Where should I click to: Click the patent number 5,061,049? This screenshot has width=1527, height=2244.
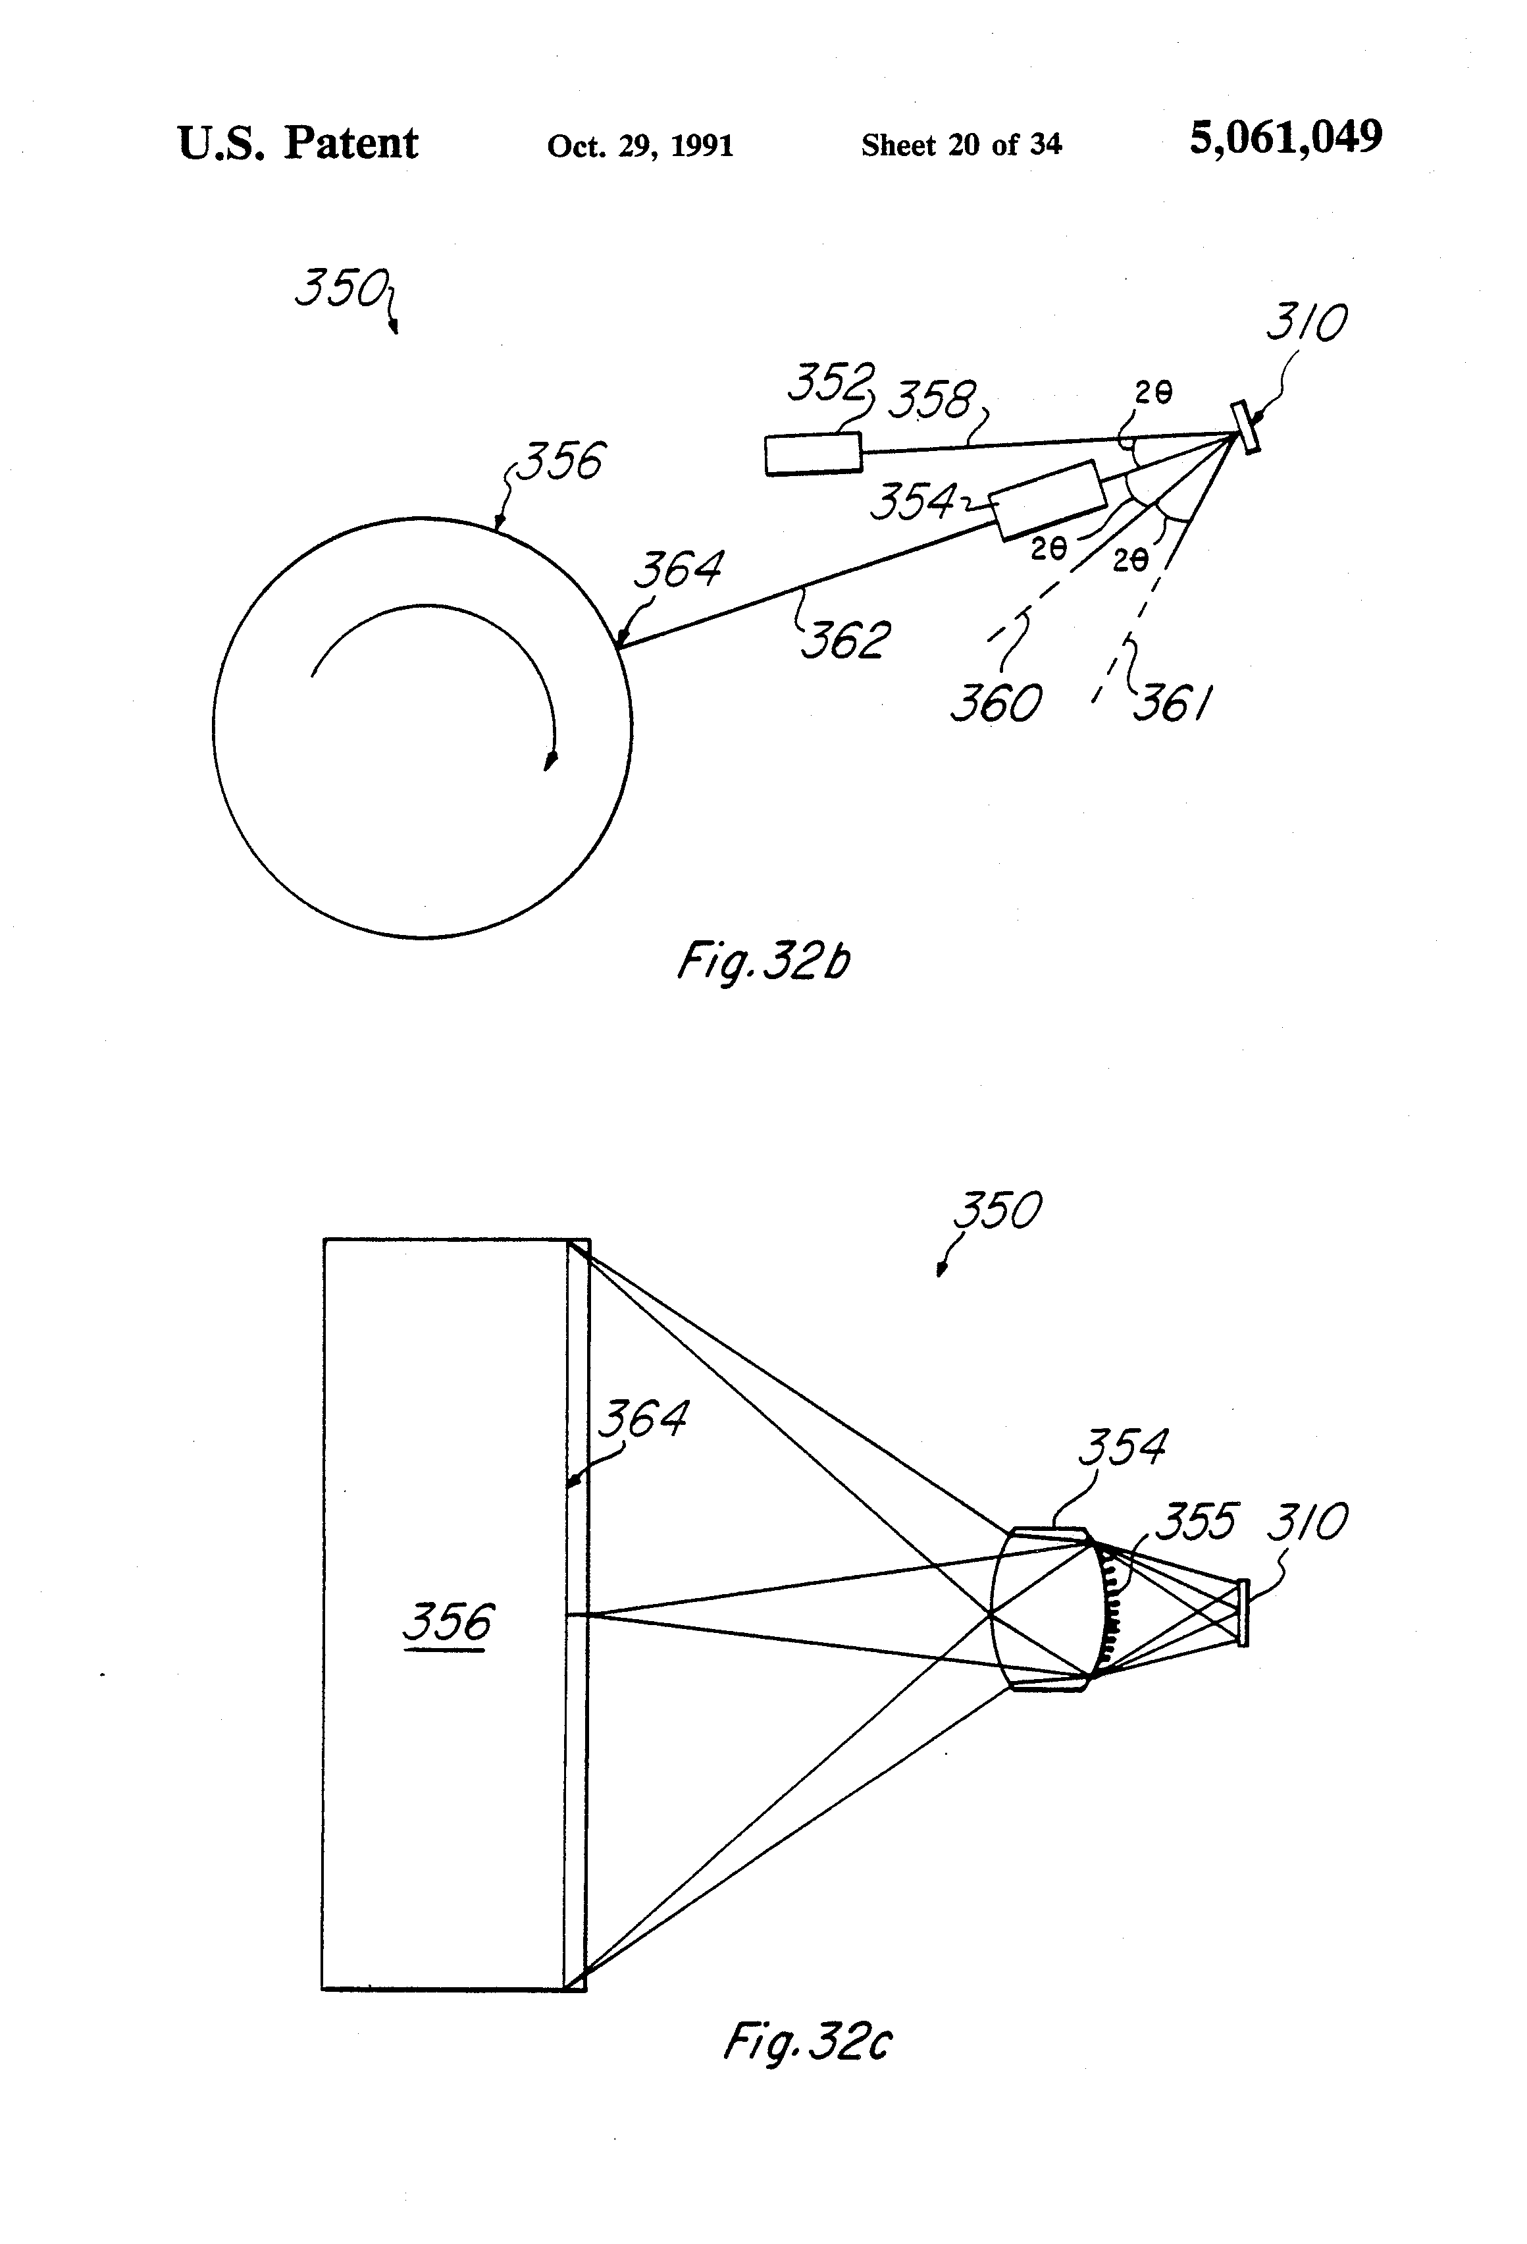pyautogui.click(x=1285, y=138)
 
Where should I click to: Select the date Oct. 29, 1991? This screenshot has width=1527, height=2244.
pyautogui.click(x=640, y=146)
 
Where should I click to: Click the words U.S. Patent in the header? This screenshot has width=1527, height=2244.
pyautogui.click(x=298, y=144)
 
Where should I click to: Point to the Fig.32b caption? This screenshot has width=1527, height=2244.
pyautogui.click(x=763, y=962)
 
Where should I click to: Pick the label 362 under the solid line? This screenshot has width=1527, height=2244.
pyautogui.click(x=846, y=640)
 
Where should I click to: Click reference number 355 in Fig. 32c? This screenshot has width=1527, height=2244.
pyautogui.click(x=1196, y=1522)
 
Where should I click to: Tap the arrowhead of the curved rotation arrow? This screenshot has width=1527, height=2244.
pyautogui.click(x=550, y=761)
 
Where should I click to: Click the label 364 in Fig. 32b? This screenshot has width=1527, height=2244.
pyautogui.click(x=677, y=569)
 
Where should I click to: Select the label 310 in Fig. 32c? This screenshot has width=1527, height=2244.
pyautogui.click(x=1306, y=1522)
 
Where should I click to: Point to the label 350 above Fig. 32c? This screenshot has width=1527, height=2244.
pyautogui.click(x=997, y=1210)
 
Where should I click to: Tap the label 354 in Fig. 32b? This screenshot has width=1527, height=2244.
pyautogui.click(x=912, y=502)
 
